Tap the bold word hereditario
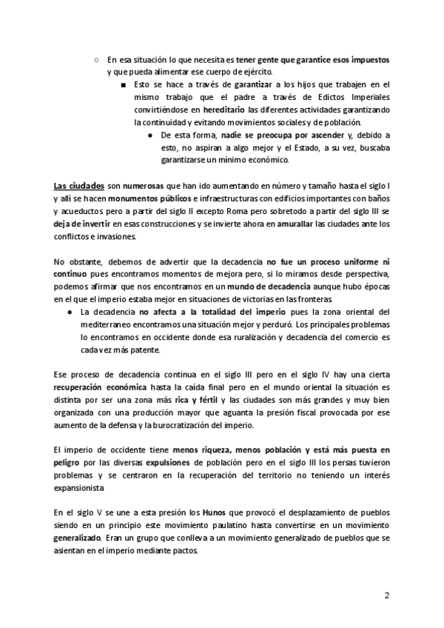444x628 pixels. click(x=223, y=108)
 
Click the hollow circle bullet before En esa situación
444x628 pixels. click(x=96, y=59)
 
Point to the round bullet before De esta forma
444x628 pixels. click(x=149, y=136)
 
